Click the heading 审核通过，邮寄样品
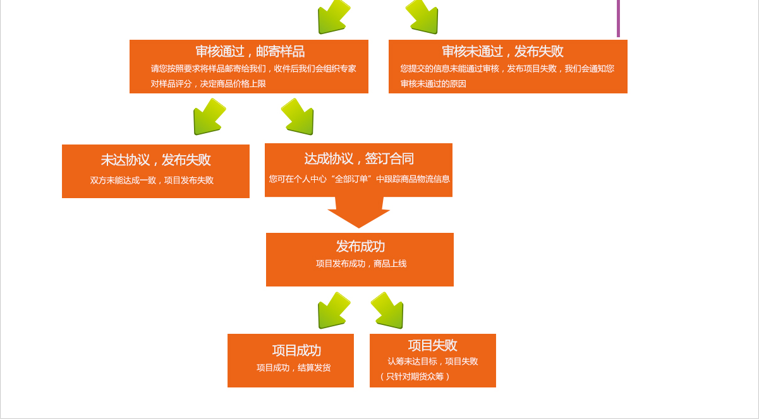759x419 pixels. coord(250,51)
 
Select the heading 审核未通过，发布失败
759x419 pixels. coord(502,51)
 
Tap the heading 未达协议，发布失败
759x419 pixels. coord(155,160)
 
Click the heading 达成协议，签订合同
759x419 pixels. coord(358,158)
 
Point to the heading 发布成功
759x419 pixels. coord(360,246)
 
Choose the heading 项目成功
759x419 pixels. coord(296,350)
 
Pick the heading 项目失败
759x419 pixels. coord(432,345)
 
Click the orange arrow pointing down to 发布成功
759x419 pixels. coord(358,213)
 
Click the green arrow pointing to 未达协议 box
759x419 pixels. coord(208,117)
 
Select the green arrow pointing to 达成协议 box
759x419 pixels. coord(298,117)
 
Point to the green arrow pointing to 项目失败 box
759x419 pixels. coord(388,310)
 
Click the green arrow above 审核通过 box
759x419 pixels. coord(332,16)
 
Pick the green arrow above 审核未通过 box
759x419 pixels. coord(423,16)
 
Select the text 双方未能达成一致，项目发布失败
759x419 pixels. coord(152,180)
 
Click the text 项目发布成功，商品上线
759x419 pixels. coord(361,264)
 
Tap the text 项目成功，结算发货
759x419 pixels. coord(293,368)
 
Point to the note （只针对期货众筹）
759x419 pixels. coord(415,377)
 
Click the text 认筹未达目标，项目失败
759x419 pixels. coord(433,362)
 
